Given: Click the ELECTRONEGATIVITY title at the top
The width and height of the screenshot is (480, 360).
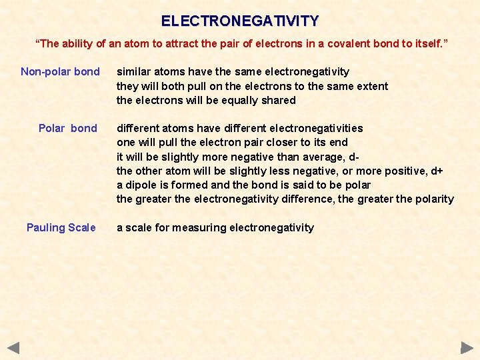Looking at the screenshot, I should [240, 21].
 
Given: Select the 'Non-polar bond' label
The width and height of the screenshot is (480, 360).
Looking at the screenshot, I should [60, 71].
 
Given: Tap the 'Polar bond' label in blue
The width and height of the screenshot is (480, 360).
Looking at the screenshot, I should [67, 128].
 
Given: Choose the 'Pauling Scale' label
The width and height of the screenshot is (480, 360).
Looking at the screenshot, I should [61, 227].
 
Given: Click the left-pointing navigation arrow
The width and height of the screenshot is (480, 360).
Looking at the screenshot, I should [14, 347].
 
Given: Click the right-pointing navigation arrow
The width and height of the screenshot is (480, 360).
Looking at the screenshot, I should [467, 347].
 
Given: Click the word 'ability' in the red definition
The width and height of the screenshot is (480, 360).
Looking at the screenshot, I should [84, 43].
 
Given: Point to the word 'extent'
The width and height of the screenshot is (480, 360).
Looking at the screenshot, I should [372, 86].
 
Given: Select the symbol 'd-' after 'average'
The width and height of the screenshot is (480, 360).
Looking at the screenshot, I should [355, 157].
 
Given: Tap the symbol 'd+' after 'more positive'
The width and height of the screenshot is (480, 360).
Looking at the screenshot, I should [437, 171].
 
